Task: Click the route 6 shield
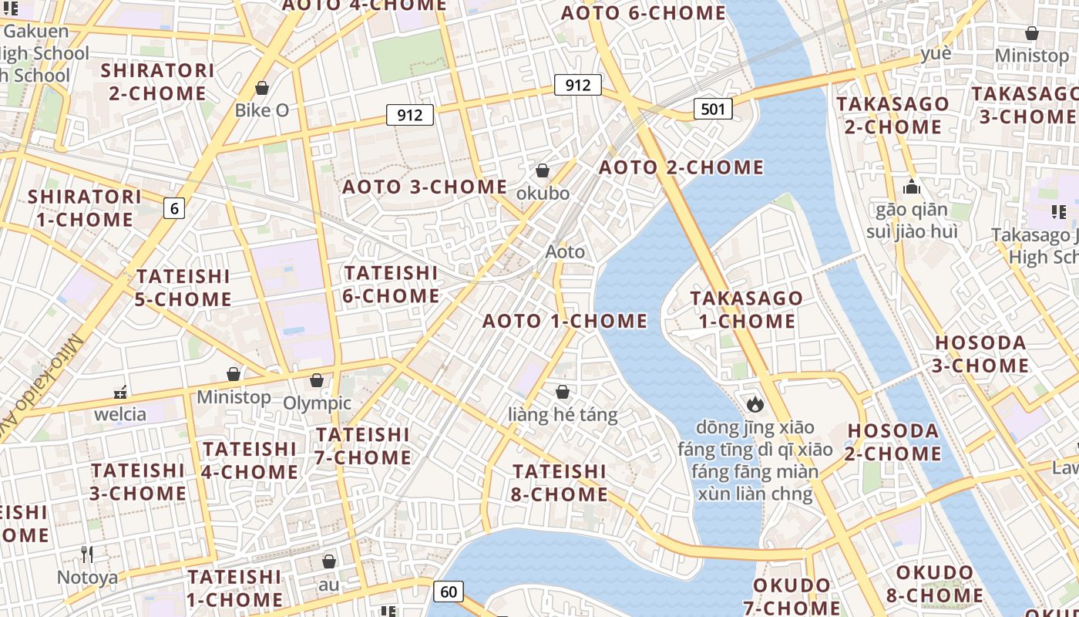174,207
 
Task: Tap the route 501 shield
713,109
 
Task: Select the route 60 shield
449,592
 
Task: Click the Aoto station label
565,251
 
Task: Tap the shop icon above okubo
543,170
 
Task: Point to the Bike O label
262,110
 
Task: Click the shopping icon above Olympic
316,380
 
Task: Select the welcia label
120,414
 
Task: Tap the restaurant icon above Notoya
87,554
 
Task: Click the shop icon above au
329,561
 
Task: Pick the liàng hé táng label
563,415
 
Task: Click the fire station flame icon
755,404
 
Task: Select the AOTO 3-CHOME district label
425,187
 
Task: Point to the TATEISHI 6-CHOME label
391,285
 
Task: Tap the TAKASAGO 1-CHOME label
746,309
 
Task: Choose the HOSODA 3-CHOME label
980,354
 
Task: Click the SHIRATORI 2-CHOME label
158,82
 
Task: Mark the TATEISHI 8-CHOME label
560,482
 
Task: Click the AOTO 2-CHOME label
681,167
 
